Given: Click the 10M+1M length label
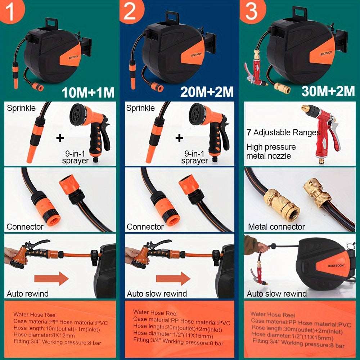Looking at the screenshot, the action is [x=88, y=92].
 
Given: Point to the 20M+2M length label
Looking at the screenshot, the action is [x=207, y=92].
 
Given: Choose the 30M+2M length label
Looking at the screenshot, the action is [x=328, y=91].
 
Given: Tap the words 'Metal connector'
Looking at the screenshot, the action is [x=276, y=227].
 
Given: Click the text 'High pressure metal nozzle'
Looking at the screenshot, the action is [x=271, y=151].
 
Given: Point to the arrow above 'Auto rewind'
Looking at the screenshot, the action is [x=51, y=279].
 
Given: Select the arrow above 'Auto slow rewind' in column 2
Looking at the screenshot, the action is [x=173, y=279].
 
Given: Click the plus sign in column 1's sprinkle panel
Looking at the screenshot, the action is [x=60, y=138].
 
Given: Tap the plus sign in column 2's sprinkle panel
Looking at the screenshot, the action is [x=179, y=138].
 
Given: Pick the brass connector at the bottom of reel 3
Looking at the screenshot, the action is [x=282, y=87].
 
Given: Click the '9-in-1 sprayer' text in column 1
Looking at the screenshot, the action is [x=75, y=157].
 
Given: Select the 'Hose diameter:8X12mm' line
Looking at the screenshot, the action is [x=44, y=335].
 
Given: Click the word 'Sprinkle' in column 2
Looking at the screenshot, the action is [x=140, y=108].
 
